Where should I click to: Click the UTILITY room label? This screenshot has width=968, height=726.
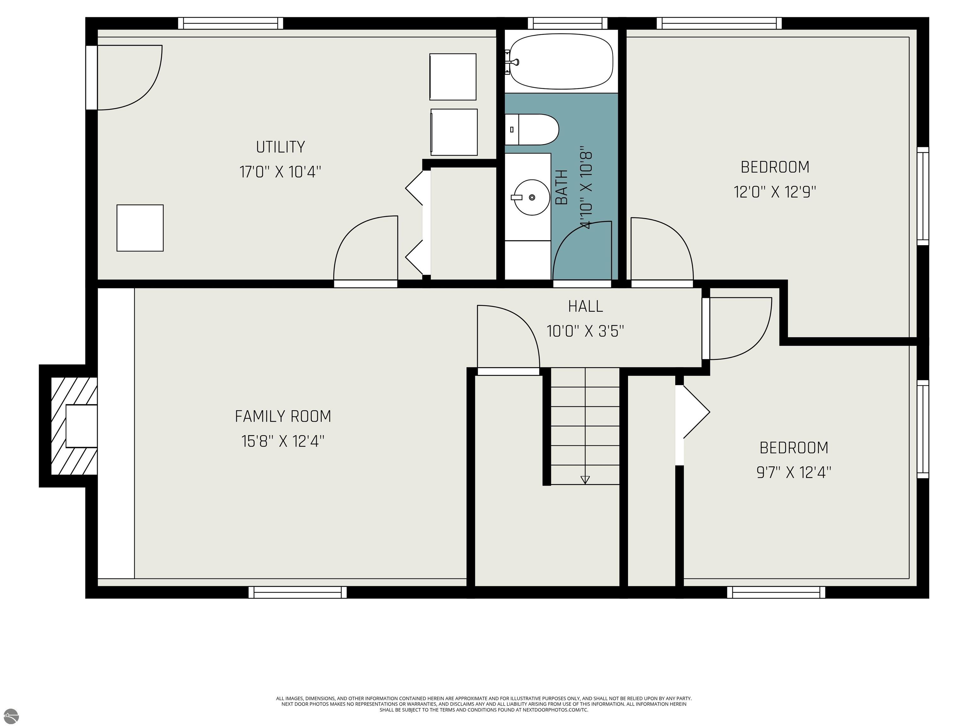(x=280, y=147)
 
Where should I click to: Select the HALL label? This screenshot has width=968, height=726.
(x=585, y=306)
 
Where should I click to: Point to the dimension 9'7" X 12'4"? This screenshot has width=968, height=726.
(x=794, y=473)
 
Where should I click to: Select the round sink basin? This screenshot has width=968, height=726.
(x=532, y=197)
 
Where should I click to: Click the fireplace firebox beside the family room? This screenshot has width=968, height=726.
(x=81, y=426)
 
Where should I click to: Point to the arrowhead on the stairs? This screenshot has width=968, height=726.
(x=585, y=480)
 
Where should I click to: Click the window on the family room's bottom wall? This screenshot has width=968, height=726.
(x=297, y=592)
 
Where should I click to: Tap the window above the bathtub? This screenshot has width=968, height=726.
(x=568, y=23)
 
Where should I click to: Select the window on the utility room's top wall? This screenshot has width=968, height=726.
(x=231, y=23)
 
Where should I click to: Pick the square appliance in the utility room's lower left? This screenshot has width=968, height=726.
(x=140, y=228)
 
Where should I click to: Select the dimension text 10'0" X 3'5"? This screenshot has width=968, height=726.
(x=585, y=331)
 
